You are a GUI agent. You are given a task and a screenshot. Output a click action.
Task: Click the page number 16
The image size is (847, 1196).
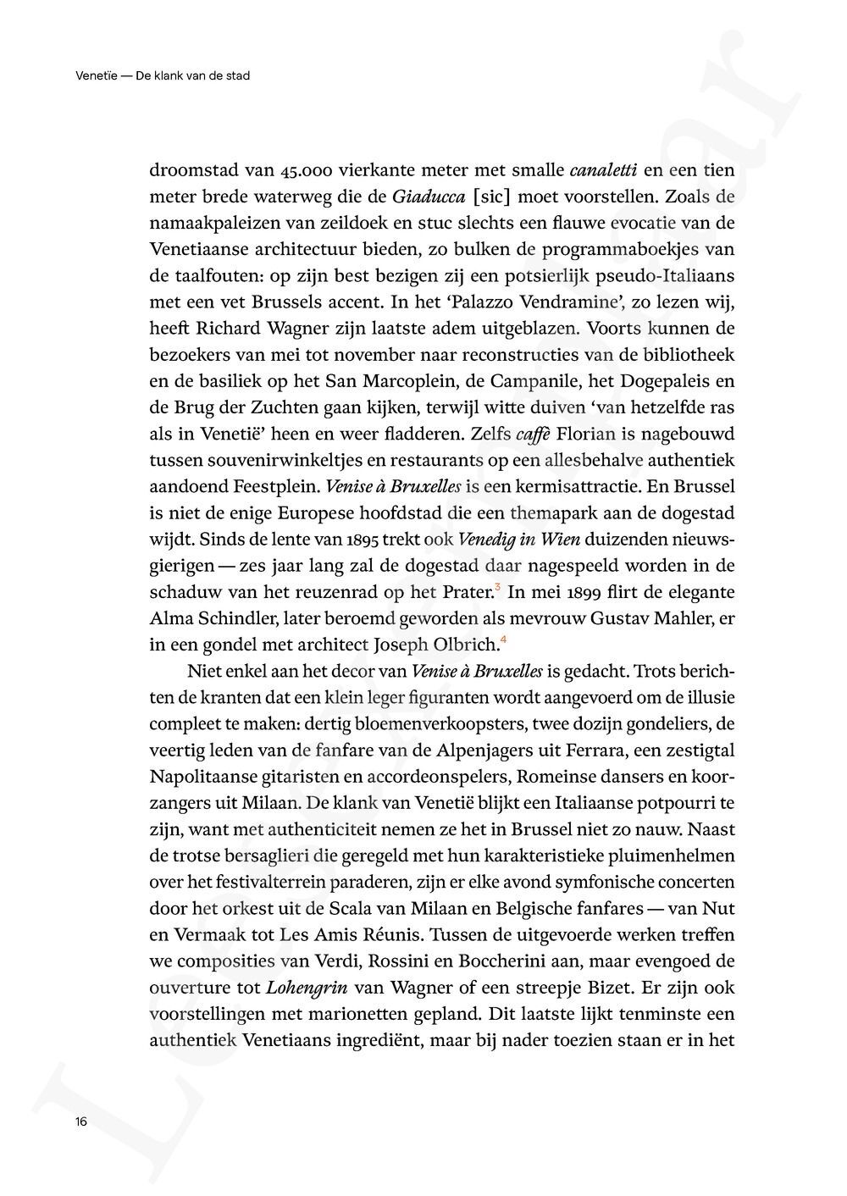point(81,1121)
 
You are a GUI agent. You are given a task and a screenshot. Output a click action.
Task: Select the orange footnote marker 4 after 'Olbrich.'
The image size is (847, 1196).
point(503,640)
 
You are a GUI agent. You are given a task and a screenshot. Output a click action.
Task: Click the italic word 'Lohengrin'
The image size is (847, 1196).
point(305,987)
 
